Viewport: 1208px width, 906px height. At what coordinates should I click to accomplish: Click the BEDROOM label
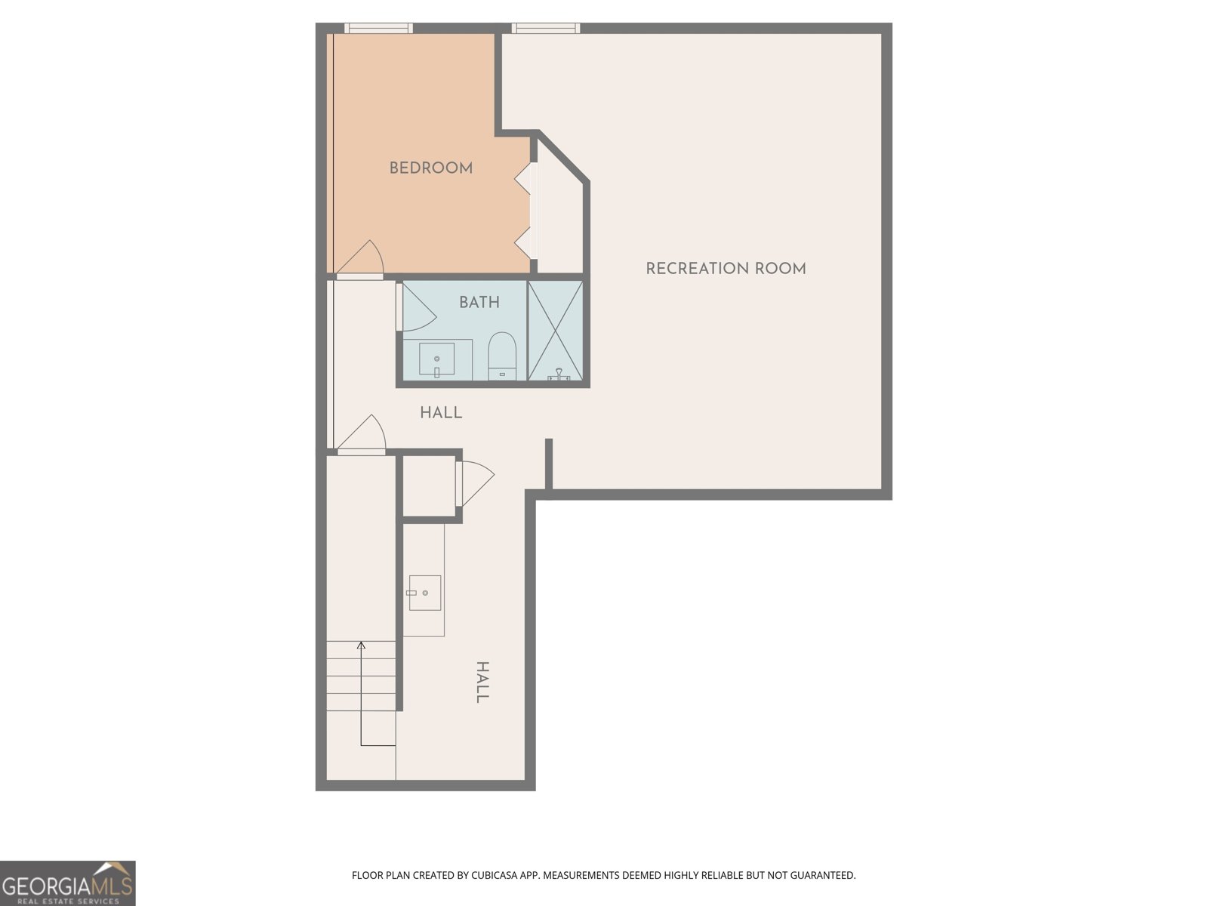click(x=431, y=168)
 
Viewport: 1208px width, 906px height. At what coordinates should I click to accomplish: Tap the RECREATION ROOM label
click(x=726, y=269)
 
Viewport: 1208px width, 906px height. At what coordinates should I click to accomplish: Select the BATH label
click(x=479, y=302)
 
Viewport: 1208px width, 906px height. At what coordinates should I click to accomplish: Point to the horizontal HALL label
click(x=441, y=412)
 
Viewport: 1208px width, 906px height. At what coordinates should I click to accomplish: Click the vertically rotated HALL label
click(x=482, y=682)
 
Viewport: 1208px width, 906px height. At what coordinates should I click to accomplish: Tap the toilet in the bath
click(x=502, y=356)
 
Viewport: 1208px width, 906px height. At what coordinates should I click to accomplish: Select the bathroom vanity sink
click(x=437, y=359)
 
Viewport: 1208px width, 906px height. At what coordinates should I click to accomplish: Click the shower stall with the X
click(x=555, y=330)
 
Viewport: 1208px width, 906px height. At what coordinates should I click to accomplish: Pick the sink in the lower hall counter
click(x=424, y=593)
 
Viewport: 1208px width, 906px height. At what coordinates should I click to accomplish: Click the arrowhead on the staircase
click(x=361, y=646)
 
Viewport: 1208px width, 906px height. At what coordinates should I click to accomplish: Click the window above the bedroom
click(x=379, y=28)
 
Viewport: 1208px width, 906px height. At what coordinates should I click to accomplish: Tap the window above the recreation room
click(x=545, y=28)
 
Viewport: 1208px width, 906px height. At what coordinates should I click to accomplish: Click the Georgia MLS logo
click(x=68, y=883)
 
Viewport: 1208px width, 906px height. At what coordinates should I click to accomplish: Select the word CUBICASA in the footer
click(x=495, y=875)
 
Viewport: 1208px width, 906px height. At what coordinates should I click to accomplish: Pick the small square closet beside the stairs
click(x=430, y=486)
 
